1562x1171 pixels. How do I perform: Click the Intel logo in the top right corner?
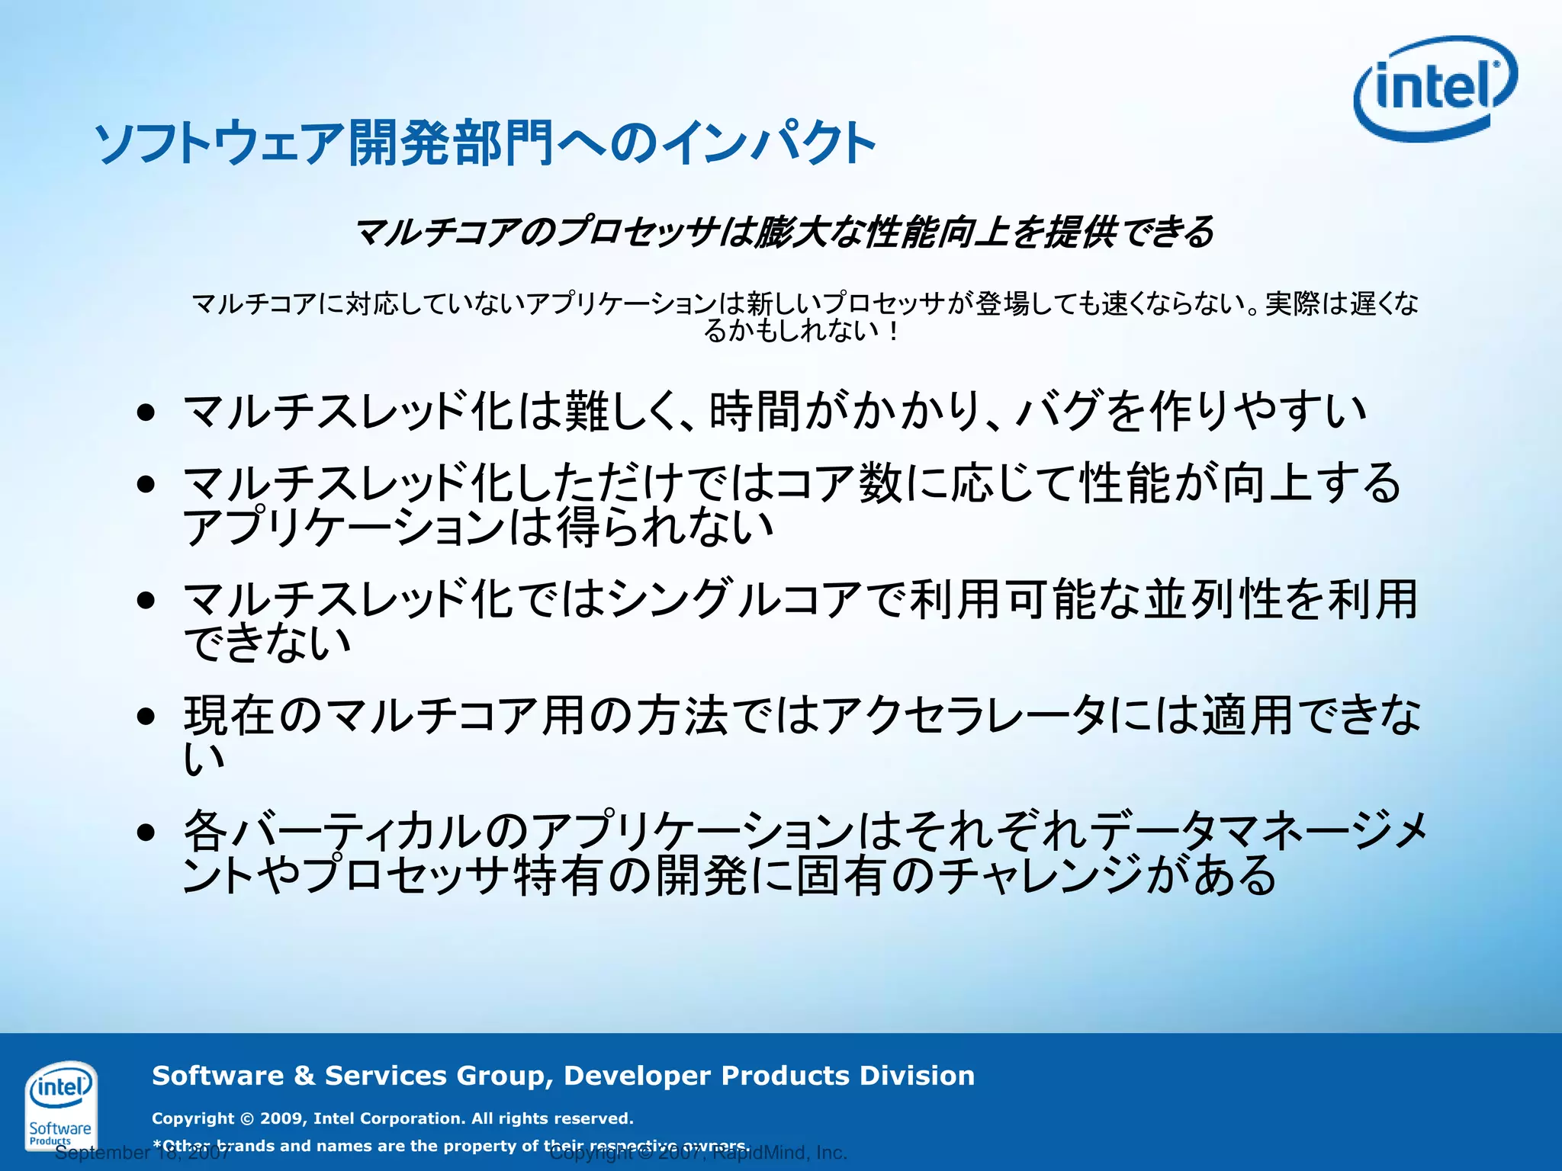pyautogui.click(x=1435, y=88)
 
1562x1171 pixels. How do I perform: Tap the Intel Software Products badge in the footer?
pyautogui.click(x=60, y=1105)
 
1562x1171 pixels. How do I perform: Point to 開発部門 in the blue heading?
pyautogui.click(x=451, y=143)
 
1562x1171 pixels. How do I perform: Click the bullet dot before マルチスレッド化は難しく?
pyautogui.click(x=146, y=413)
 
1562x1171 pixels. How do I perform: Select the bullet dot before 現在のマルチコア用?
pyautogui.click(x=146, y=717)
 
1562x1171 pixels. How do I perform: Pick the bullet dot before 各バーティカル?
pyautogui.click(x=146, y=833)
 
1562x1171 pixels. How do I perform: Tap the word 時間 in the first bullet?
pyautogui.click(x=755, y=412)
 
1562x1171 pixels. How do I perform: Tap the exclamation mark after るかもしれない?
pyautogui.click(x=892, y=331)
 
